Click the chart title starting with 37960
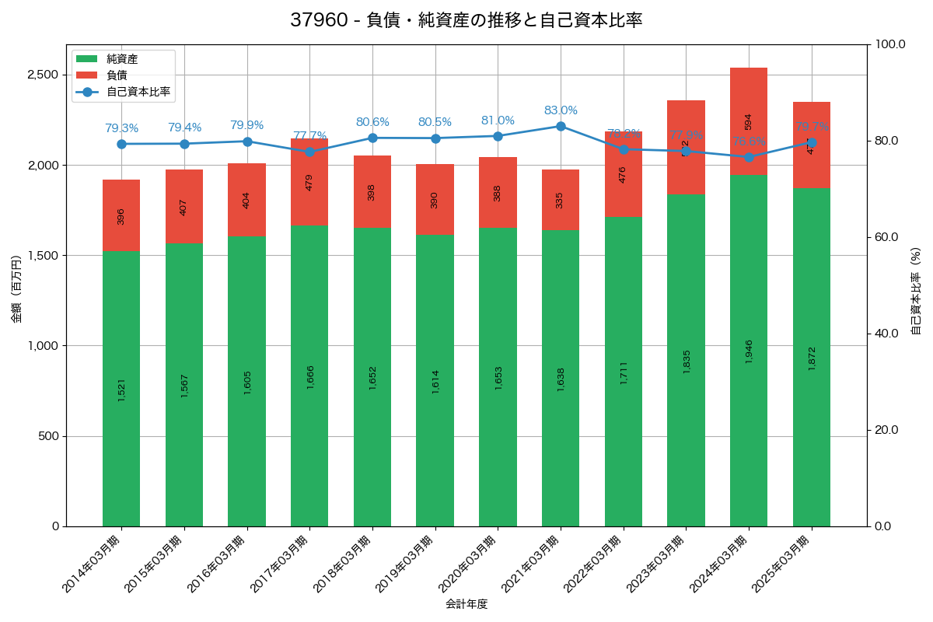pyautogui.click(x=466, y=20)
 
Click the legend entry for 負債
pyautogui.click(x=117, y=75)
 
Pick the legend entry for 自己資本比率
pyautogui.click(x=138, y=92)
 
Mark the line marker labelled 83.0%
pyautogui.click(x=561, y=126)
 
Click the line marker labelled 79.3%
pyautogui.click(x=121, y=144)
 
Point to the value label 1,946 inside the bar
pyautogui.click(x=749, y=351)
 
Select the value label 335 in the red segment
pyautogui.click(x=561, y=200)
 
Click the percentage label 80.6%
pyautogui.click(x=372, y=122)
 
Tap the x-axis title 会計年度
pyautogui.click(x=466, y=604)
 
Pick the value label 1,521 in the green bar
pyautogui.click(x=121, y=390)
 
